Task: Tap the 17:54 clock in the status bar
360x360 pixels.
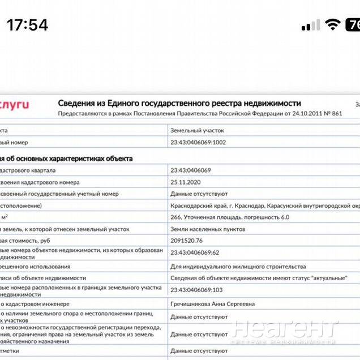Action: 28,25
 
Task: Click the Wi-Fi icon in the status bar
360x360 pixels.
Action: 332,25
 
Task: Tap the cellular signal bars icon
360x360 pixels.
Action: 311,25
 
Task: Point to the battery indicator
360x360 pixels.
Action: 353,25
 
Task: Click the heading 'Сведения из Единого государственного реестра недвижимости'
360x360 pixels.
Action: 179,103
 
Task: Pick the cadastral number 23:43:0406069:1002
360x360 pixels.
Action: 198,142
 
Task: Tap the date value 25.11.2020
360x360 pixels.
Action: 186,182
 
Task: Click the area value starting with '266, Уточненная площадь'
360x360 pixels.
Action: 230,217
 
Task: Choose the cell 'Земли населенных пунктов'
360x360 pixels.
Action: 208,229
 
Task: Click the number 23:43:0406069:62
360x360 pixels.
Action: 195,252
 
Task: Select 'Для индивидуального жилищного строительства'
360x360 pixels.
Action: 238,266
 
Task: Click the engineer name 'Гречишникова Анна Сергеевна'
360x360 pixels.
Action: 213,304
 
